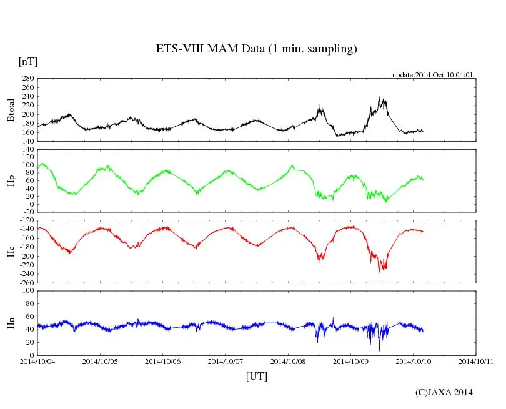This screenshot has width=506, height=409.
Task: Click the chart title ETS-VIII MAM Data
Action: point(256,49)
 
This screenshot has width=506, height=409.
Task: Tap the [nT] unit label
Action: point(28,62)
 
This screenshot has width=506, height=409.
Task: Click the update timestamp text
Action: point(432,75)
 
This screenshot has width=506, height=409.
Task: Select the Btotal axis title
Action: point(11,110)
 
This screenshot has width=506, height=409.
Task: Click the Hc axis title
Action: point(11,251)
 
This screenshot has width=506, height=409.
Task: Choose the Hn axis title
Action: point(11,323)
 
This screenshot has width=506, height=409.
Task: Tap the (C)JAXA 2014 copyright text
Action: point(444,392)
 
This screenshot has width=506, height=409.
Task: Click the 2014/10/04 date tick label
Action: point(37,361)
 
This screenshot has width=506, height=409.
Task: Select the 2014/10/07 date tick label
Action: point(226,361)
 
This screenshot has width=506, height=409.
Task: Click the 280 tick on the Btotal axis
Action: point(28,79)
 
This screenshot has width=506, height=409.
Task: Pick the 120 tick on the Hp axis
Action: point(28,150)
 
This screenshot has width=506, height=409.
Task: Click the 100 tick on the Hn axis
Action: point(28,291)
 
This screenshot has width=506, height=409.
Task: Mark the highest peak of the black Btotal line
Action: point(379,97)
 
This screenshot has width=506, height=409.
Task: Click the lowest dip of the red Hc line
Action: point(379,272)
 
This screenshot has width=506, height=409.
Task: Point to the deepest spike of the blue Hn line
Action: point(379,350)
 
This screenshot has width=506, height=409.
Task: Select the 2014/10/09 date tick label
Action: point(350,361)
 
